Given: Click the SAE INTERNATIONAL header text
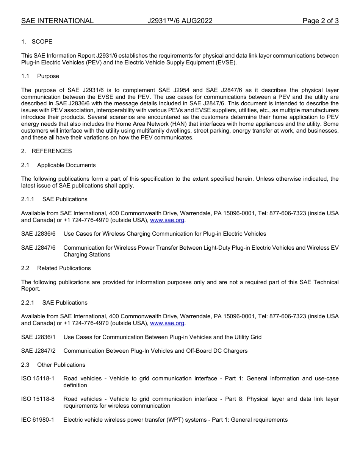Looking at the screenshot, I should pyautogui.click(x=57, y=21).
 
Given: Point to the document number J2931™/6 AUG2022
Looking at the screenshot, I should pyautogui.click(x=180, y=21).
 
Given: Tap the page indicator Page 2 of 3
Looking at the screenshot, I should pyautogui.click(x=320, y=21).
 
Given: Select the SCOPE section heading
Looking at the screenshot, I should pyautogui.click(x=42, y=42).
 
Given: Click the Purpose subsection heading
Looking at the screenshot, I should pyautogui.click(x=48, y=76).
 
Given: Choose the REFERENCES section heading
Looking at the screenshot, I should pyautogui.click(x=52, y=151).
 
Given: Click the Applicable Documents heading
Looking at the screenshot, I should pyautogui.click(x=66, y=165).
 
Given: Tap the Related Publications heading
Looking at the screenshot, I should pyautogui.click(x=64, y=268).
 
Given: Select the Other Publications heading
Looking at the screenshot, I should pyautogui.click(x=61, y=365).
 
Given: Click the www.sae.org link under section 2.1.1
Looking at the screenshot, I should pyautogui.click(x=167, y=220).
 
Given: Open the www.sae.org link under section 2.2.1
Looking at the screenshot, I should pyautogui.click(x=167, y=323).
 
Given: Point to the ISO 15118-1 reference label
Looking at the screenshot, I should pyautogui.click(x=38, y=378).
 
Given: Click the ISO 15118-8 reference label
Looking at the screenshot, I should pyautogui.click(x=38, y=399).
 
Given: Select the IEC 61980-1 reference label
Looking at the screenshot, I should pyautogui.click(x=38, y=420).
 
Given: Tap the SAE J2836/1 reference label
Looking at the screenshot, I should pyautogui.click(x=38, y=337).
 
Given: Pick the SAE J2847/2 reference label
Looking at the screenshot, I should pyautogui.click(x=38, y=351).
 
